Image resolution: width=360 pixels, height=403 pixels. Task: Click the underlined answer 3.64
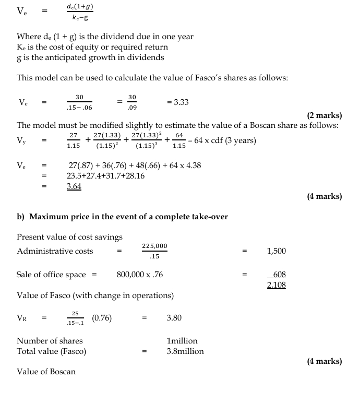[74, 186]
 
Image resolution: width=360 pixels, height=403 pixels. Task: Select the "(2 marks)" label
[325, 115]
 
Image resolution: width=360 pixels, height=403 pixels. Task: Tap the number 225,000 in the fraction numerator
[154, 246]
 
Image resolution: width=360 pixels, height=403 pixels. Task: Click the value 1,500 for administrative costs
[276, 251]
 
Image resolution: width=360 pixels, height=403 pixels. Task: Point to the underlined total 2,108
[276, 285]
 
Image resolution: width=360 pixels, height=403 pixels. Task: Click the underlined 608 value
[279, 274]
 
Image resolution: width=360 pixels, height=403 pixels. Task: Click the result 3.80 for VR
[174, 318]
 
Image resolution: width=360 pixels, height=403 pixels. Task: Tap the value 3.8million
[185, 351]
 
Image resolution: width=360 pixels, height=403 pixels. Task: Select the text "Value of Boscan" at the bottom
[46, 372]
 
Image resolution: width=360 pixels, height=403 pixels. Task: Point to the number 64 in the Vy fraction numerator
[179, 136]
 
